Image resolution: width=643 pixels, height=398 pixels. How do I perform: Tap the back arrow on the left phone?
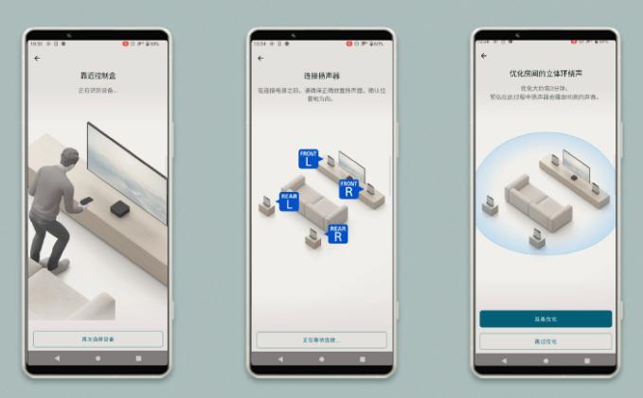pyautogui.click(x=37, y=59)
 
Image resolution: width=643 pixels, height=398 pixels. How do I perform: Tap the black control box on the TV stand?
pyautogui.click(x=120, y=209)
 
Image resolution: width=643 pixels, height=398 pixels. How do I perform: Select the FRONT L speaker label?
pyautogui.click(x=309, y=158)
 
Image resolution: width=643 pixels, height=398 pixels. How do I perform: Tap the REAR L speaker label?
pyautogui.click(x=289, y=202)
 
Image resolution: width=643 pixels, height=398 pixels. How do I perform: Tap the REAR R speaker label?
pyautogui.click(x=337, y=234)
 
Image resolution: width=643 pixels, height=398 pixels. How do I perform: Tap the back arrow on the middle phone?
pyautogui.click(x=260, y=59)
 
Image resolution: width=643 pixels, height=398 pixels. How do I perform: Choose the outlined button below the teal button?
pyautogui.click(x=545, y=340)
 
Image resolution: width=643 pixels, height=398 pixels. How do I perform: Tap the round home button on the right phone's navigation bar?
pyautogui.click(x=545, y=360)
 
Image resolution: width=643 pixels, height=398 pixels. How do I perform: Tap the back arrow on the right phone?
pyautogui.click(x=484, y=57)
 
